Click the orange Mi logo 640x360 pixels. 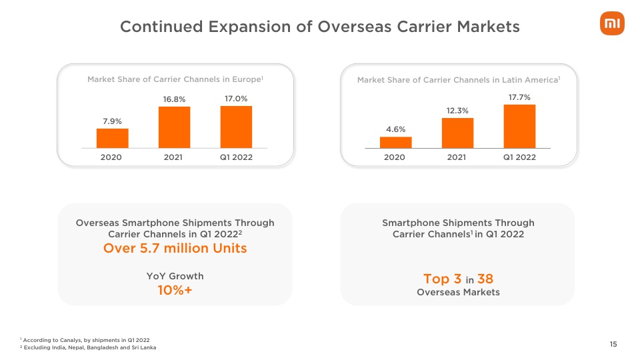tap(612, 24)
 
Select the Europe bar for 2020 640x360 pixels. tap(112, 139)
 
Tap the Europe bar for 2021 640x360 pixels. tap(174, 127)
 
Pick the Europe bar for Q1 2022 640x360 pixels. tap(236, 127)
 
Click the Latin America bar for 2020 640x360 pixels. tap(395, 143)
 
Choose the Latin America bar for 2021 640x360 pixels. tap(457, 133)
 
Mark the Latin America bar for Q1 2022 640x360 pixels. tap(519, 127)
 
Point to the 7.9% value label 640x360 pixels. tap(112, 121)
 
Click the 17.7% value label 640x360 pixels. tap(519, 97)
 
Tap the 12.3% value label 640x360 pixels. tap(457, 111)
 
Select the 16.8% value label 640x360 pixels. tap(174, 99)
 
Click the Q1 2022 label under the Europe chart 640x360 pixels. tap(236, 157)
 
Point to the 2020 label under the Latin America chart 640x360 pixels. tap(394, 157)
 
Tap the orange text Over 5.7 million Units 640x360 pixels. tap(175, 248)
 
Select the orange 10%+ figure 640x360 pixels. tap(175, 290)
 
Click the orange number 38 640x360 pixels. tap(485, 279)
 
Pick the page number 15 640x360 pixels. tap(613, 344)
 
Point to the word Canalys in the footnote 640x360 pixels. tap(71, 340)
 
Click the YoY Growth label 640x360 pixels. tap(175, 276)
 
